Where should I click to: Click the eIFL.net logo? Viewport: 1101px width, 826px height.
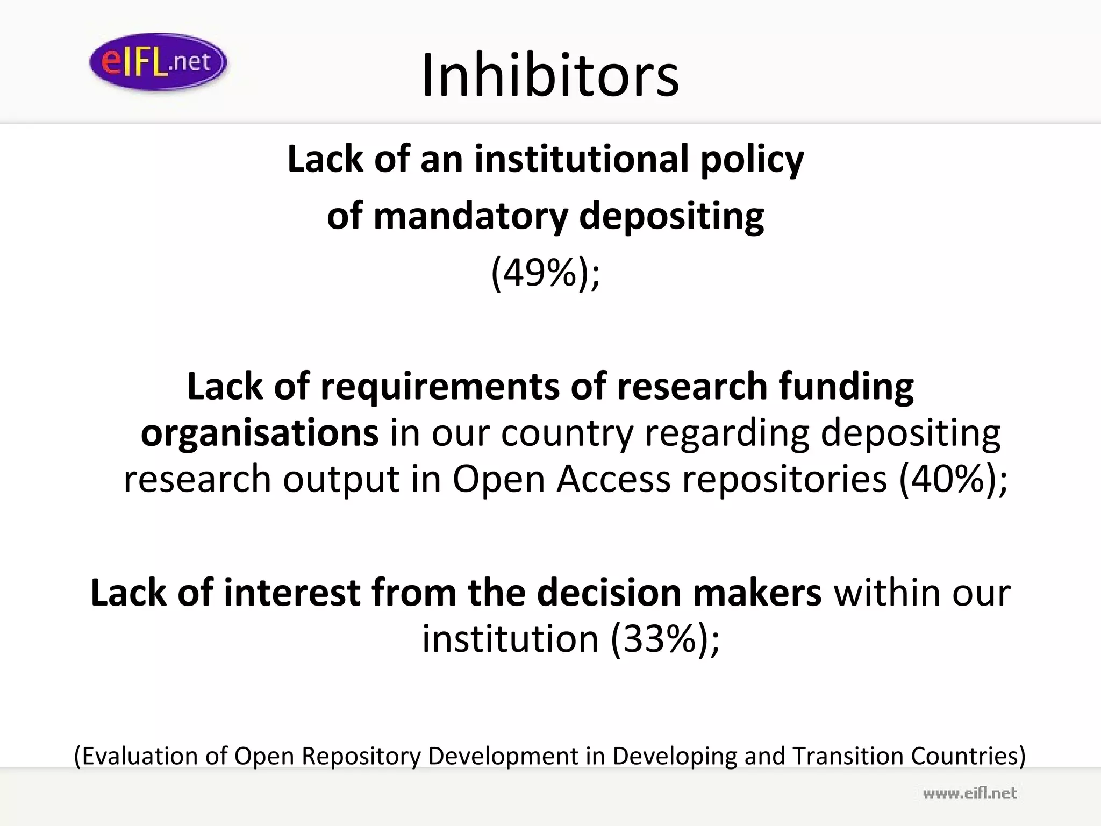click(x=158, y=62)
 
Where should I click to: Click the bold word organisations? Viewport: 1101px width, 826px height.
click(x=260, y=433)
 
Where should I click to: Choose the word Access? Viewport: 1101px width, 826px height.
click(x=613, y=479)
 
